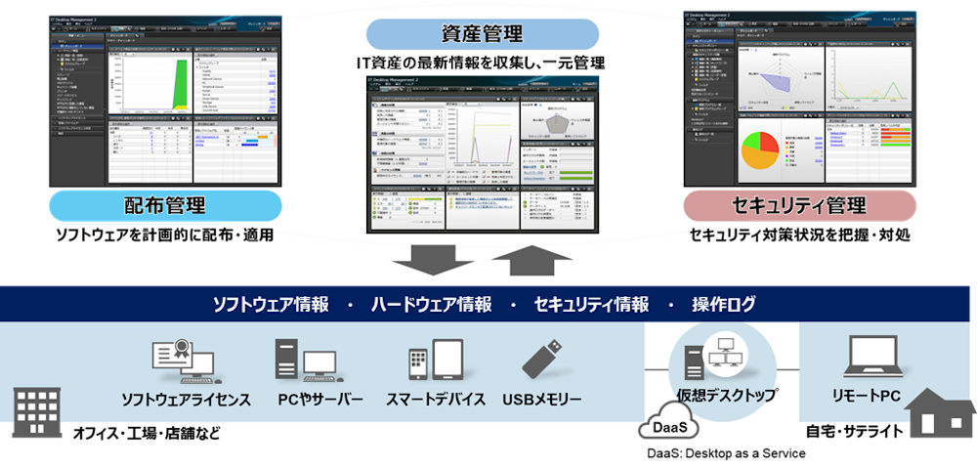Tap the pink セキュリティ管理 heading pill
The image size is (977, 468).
point(798,206)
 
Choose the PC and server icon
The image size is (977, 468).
point(305,362)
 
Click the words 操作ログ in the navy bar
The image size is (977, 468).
point(725,305)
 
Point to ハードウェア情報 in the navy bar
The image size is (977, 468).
point(430,305)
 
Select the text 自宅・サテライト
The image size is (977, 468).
point(854,431)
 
